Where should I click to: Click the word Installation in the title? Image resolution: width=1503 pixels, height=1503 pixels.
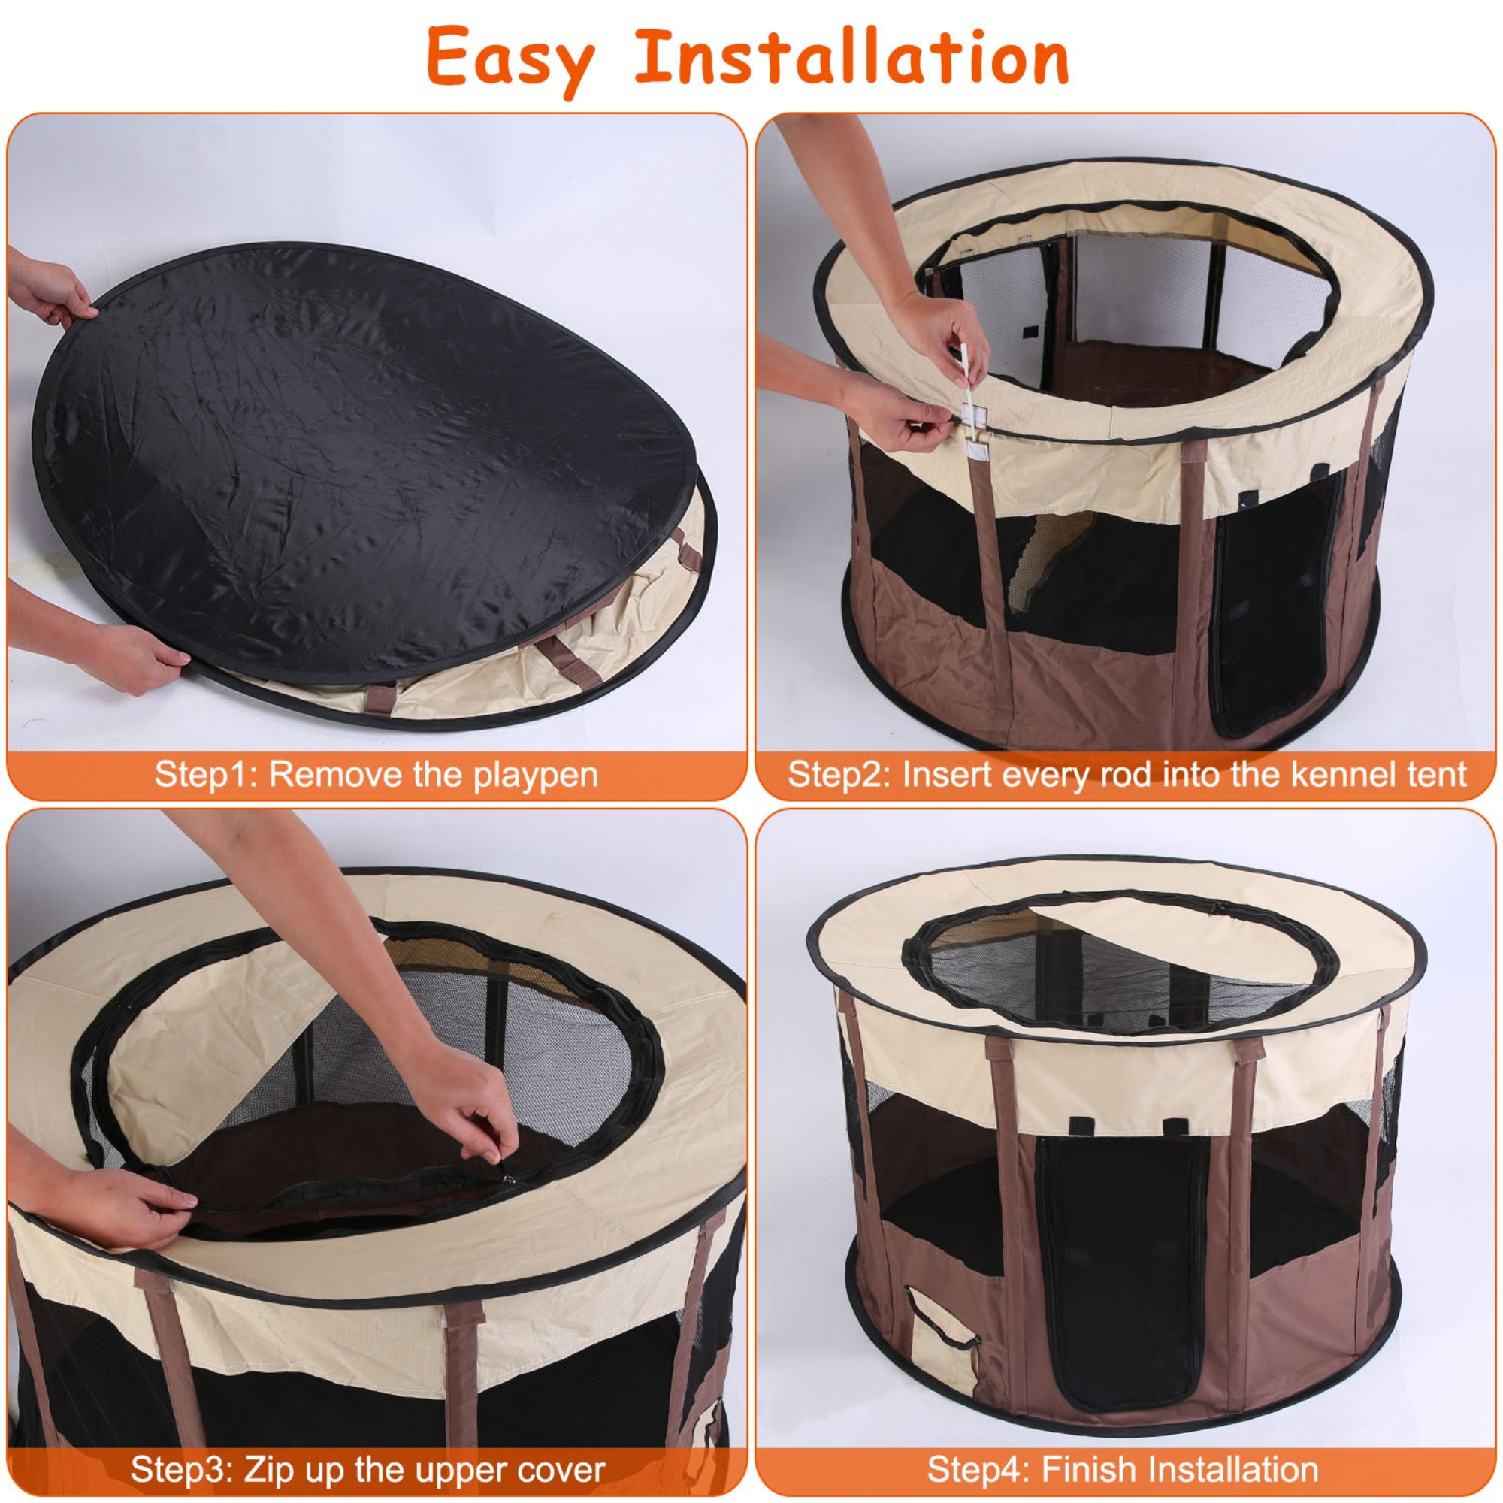pos(852,57)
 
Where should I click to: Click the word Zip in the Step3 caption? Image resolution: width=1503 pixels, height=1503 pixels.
pos(270,1469)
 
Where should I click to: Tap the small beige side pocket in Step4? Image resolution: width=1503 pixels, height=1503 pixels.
pos(942,1338)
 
